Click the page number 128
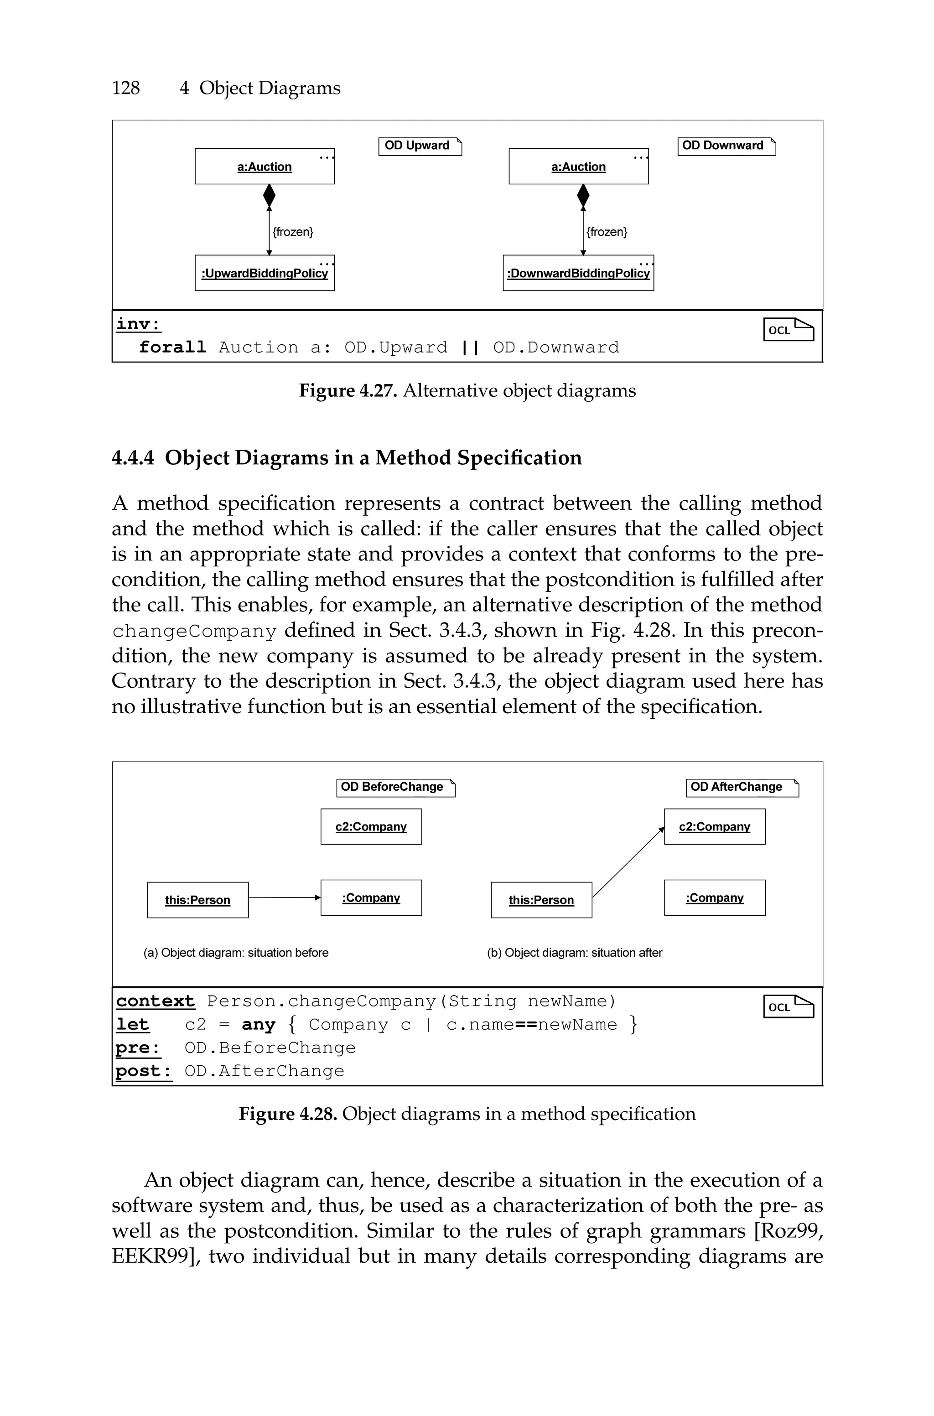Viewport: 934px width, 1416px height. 126,88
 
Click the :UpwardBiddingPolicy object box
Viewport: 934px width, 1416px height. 265,273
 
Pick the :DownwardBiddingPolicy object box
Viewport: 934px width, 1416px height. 578,273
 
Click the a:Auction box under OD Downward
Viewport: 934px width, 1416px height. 578,167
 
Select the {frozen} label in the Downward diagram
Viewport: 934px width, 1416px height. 607,232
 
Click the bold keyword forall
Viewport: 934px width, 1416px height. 172,347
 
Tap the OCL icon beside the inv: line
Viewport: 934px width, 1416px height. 788,329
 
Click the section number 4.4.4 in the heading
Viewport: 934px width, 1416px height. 133,458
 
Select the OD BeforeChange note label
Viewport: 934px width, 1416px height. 395,787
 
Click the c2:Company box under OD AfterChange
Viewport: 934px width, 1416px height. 714,826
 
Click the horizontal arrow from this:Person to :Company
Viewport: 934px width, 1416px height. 284,897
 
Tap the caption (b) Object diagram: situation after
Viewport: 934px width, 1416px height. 574,953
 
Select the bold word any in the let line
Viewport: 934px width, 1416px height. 259,1025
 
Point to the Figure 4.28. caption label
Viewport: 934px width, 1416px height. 288,1114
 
